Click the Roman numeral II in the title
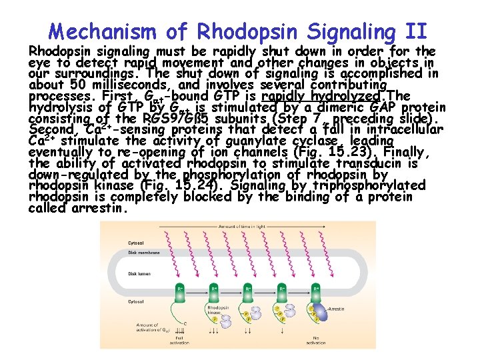tap(414, 31)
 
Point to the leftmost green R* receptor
tap(180, 291)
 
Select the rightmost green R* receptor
tap(315, 291)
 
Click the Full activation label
tap(179, 340)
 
